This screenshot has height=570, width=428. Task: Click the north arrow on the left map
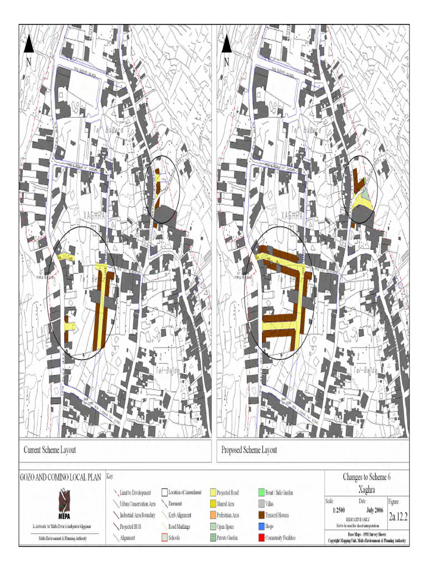(29, 45)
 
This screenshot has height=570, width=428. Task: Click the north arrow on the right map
(227, 45)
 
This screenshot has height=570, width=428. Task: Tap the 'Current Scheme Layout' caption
(50, 450)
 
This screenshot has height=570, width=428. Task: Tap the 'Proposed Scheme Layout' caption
(249, 450)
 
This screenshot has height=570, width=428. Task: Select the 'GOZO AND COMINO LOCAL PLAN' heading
(61, 477)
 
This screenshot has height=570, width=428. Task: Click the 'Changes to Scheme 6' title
(366, 477)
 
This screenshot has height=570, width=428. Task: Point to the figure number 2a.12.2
(398, 516)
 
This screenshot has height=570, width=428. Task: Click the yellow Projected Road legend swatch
(213, 493)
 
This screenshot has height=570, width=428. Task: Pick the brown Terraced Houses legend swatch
(262, 515)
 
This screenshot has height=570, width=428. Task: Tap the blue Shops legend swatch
(262, 527)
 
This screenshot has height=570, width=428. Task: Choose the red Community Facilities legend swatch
(262, 538)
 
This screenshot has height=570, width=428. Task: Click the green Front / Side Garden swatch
(262, 493)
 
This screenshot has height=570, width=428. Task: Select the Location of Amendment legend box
(164, 493)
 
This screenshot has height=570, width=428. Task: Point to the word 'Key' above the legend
(109, 477)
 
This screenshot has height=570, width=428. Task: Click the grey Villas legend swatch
(262, 504)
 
